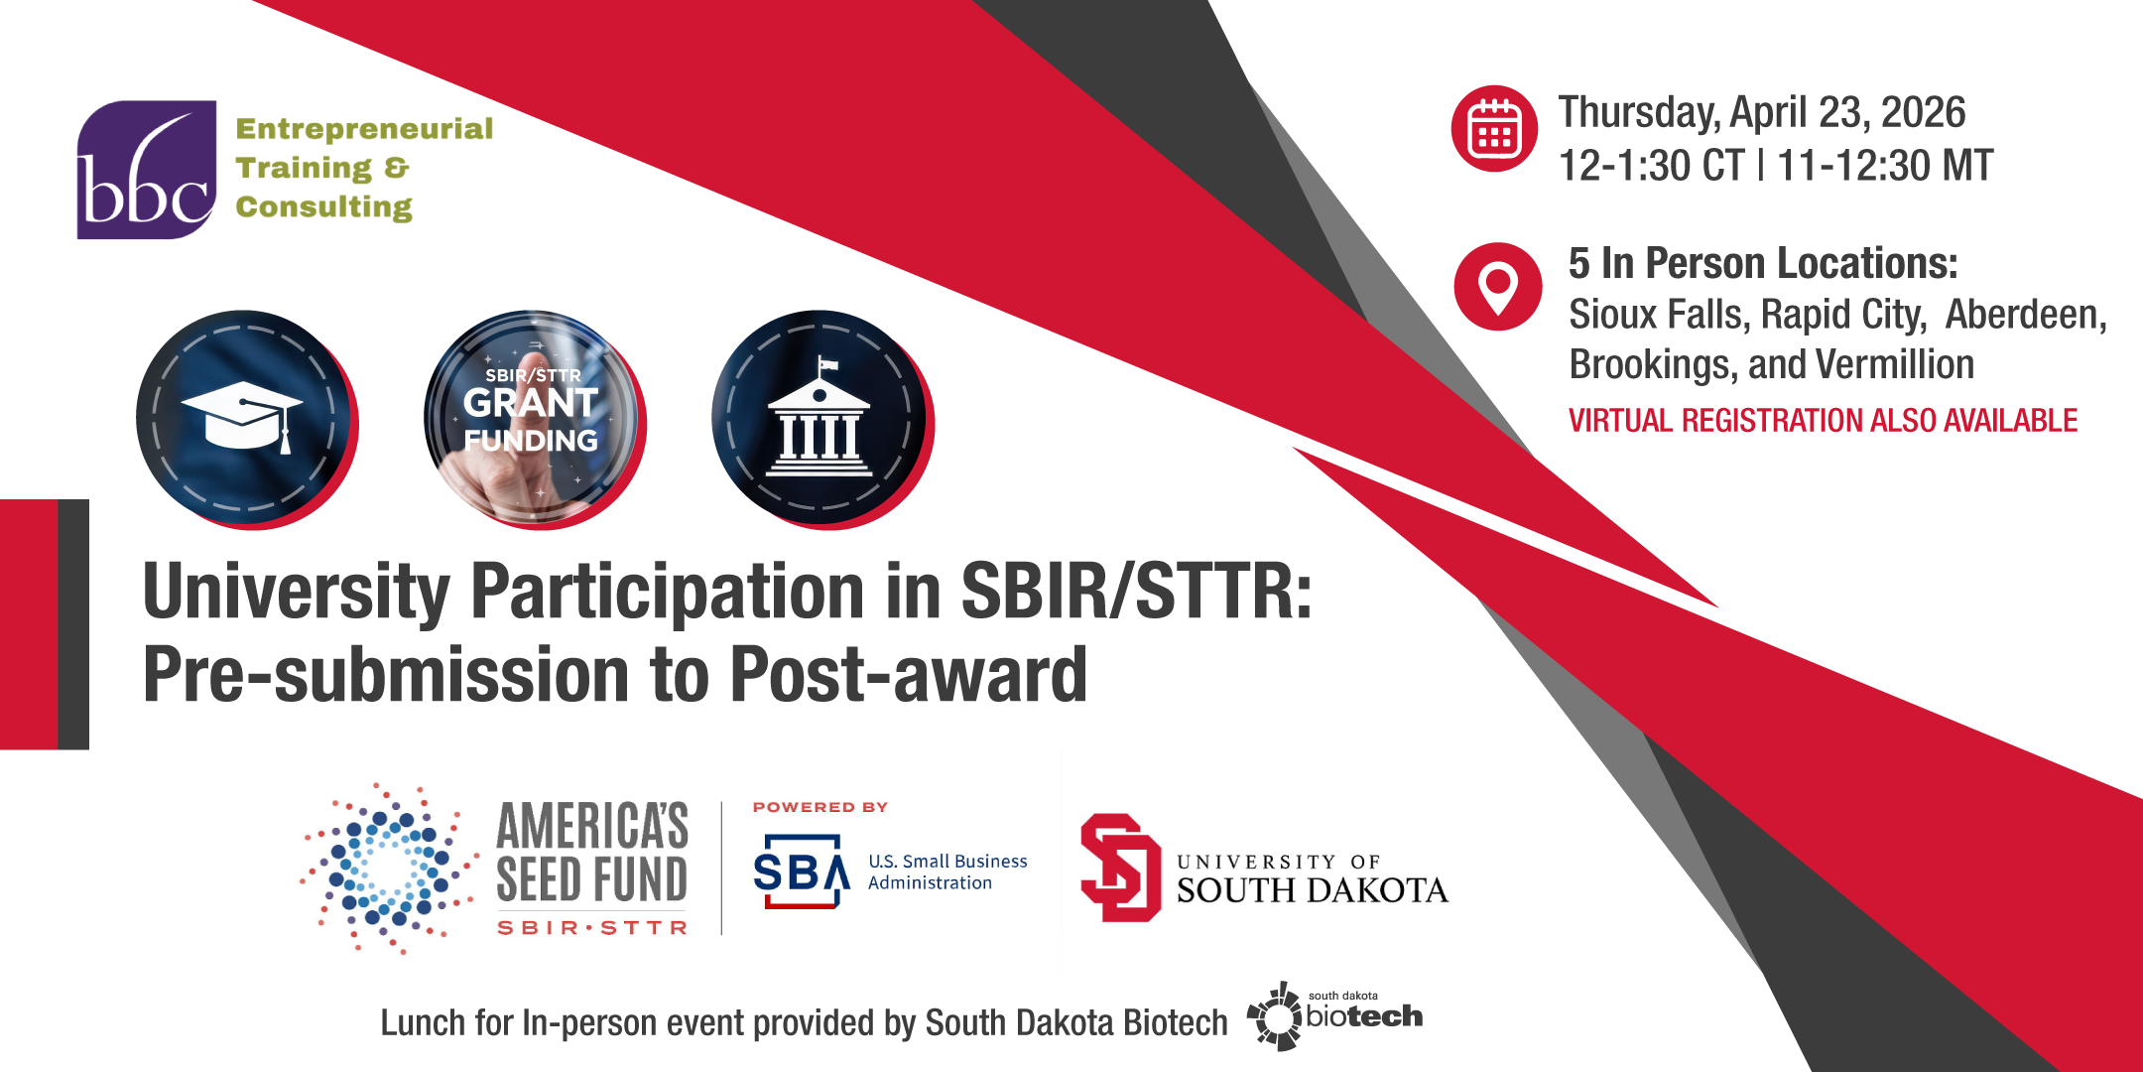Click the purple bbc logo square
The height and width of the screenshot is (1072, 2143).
147,170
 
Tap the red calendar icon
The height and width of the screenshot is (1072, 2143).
1494,129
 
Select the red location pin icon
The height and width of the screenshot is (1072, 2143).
1498,287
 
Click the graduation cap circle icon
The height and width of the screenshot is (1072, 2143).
245,419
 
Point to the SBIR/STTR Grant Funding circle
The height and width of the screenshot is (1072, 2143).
534,419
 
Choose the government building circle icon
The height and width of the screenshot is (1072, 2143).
821,419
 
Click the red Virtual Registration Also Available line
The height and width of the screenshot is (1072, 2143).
1823,421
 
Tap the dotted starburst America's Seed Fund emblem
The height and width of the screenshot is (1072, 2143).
388,869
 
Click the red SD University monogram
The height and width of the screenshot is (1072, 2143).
1121,868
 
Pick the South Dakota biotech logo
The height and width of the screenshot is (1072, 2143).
1334,1015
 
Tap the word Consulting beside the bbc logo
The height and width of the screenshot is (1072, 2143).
323,206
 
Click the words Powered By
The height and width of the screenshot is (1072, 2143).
820,807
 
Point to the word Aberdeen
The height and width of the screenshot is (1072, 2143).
2025,315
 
